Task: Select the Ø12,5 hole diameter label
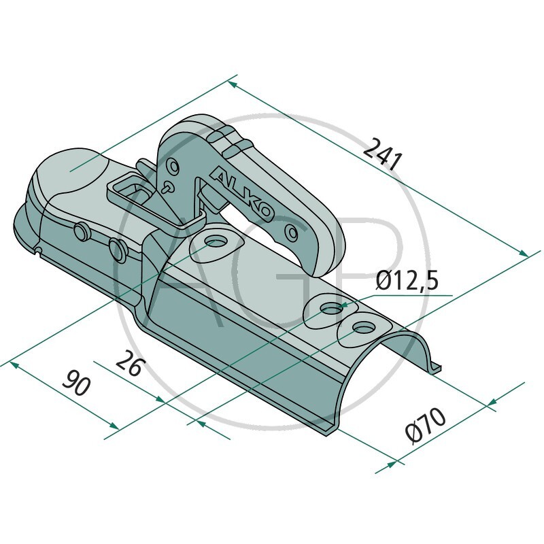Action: tap(407, 281)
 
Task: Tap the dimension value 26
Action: tap(129, 365)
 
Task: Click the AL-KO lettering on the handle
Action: tap(243, 193)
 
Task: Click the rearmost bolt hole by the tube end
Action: tap(360, 328)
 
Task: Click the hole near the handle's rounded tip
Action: tap(292, 232)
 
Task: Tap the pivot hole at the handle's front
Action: tap(175, 165)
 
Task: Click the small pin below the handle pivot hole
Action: tap(167, 185)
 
